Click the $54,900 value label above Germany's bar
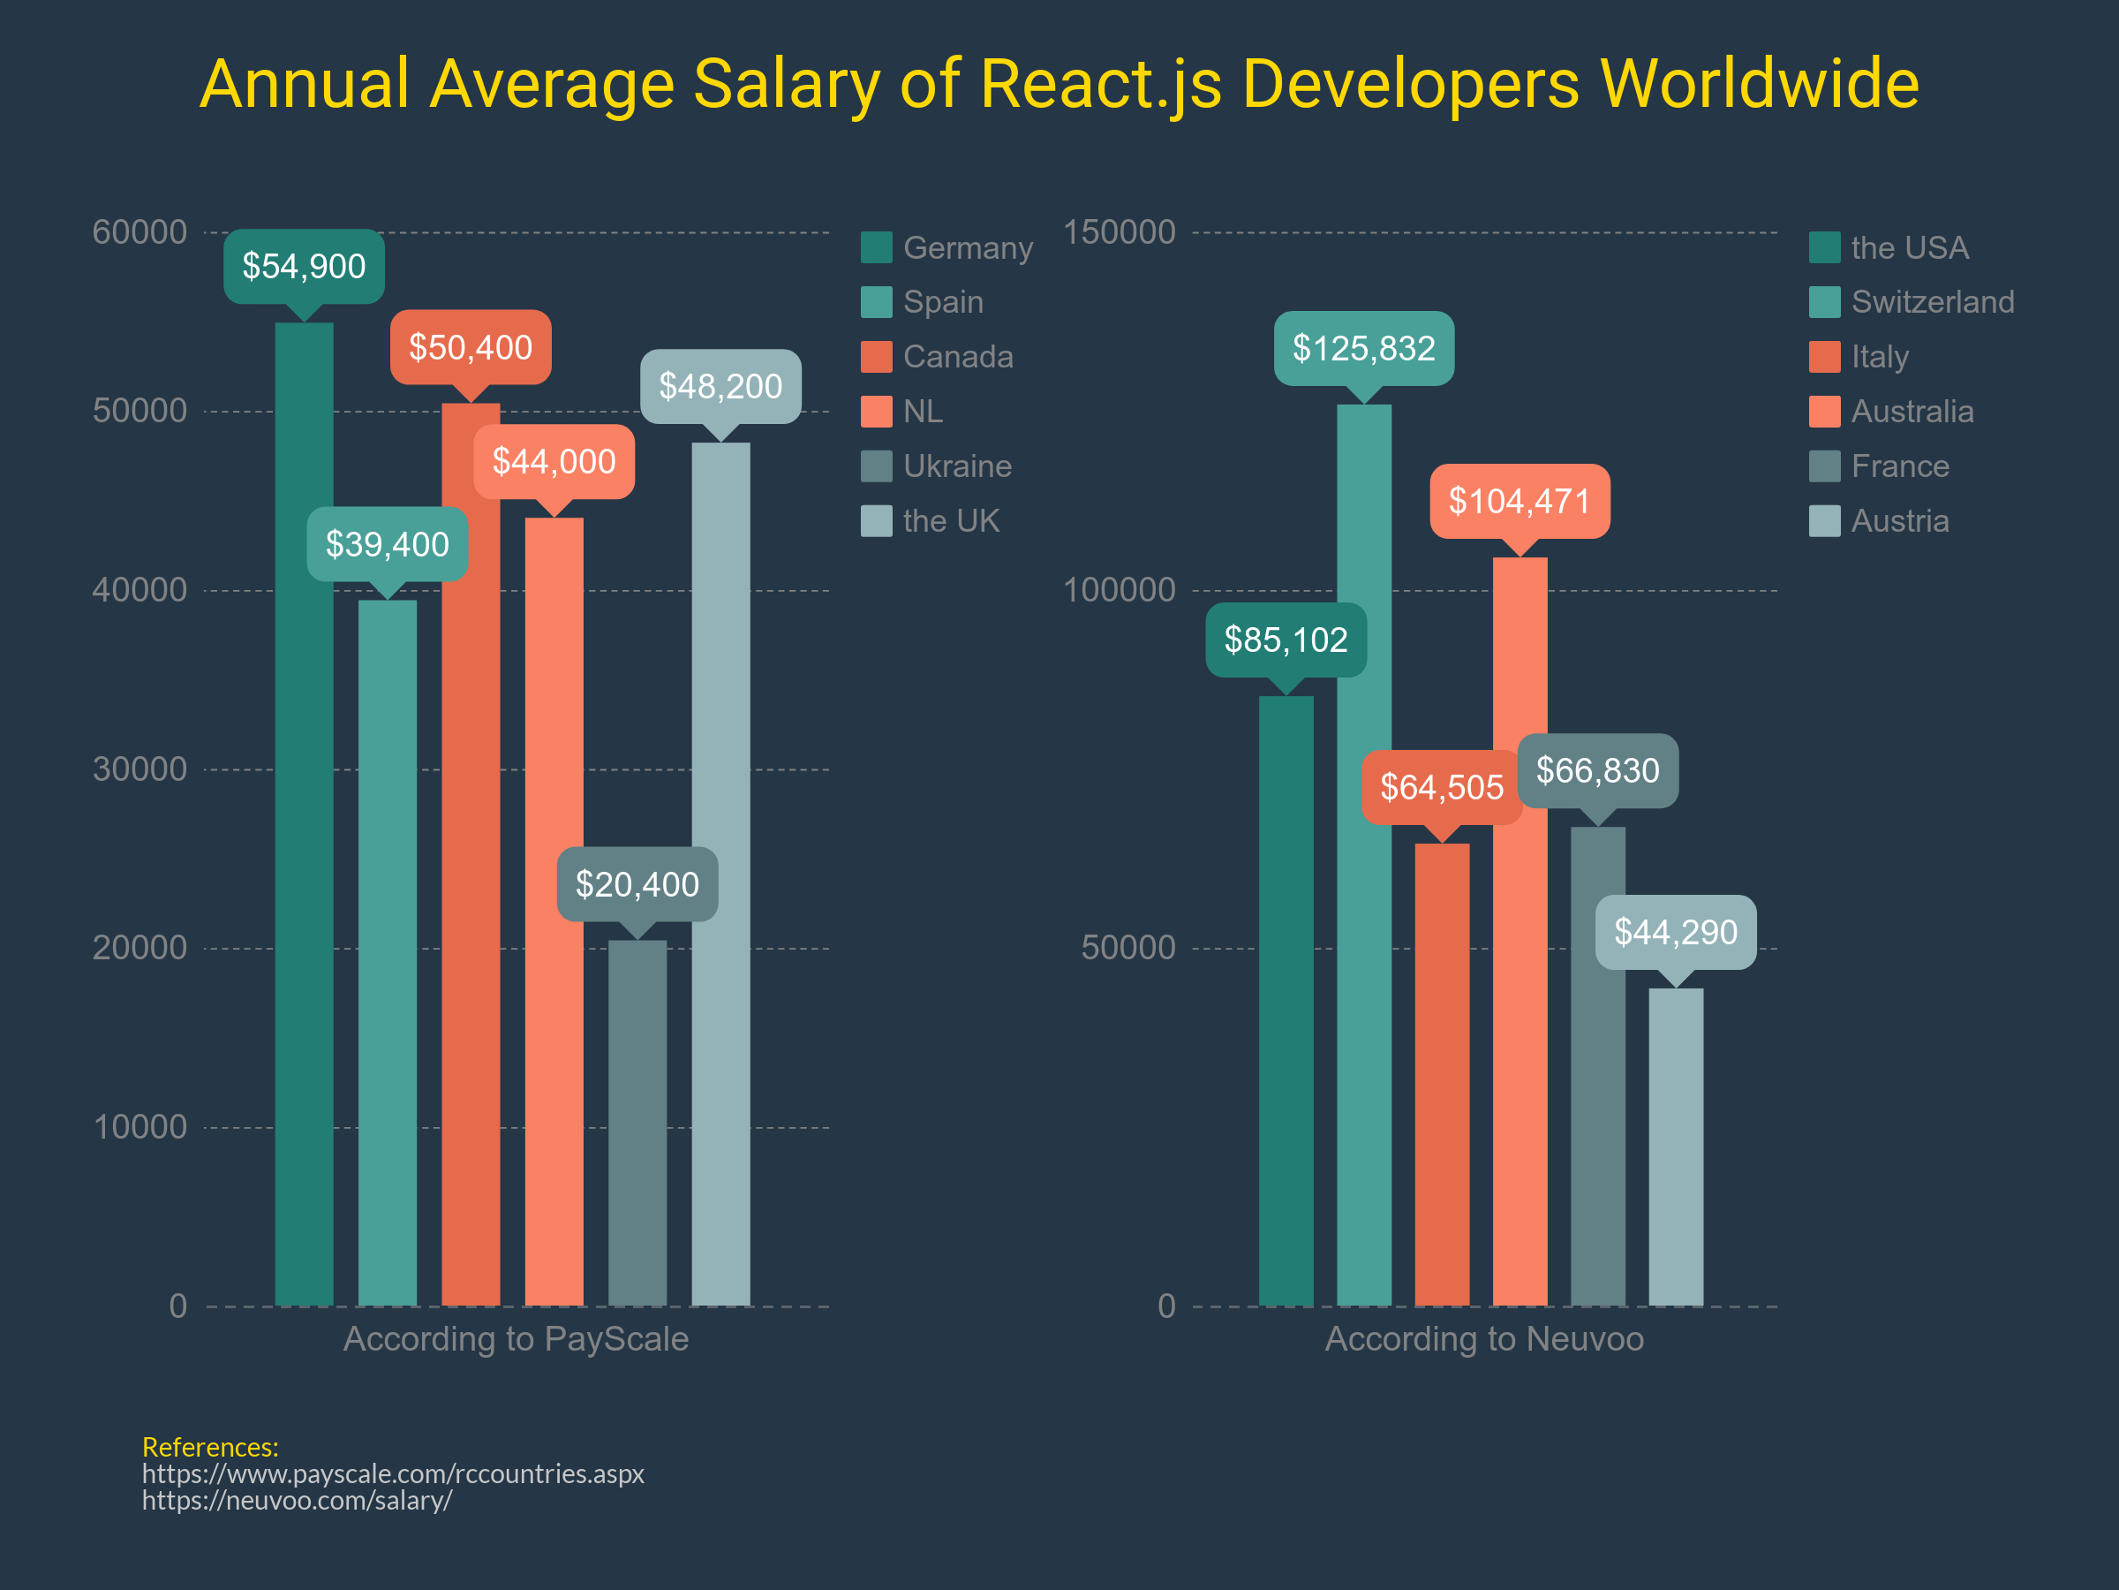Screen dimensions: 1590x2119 [304, 267]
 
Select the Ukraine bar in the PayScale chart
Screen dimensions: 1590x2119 [637, 1121]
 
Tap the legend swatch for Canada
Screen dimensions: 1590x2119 [876, 357]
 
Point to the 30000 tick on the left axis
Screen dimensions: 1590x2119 [140, 768]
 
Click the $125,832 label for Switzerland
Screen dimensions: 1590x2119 [1363, 348]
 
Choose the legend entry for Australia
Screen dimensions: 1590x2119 [1912, 411]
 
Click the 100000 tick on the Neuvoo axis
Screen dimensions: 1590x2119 [1119, 589]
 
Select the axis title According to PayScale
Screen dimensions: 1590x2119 [516, 1338]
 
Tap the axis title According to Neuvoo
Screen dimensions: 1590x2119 [1484, 1338]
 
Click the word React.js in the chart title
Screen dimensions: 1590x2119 [1101, 84]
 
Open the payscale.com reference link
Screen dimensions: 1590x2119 [393, 1473]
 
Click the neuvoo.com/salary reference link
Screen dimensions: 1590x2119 [297, 1500]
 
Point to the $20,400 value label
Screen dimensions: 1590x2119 [637, 883]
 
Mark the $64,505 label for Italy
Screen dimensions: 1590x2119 [1441, 787]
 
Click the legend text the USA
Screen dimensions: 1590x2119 [1909, 247]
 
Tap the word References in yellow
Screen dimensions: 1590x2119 [210, 1446]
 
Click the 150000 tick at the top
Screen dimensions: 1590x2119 [1119, 232]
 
